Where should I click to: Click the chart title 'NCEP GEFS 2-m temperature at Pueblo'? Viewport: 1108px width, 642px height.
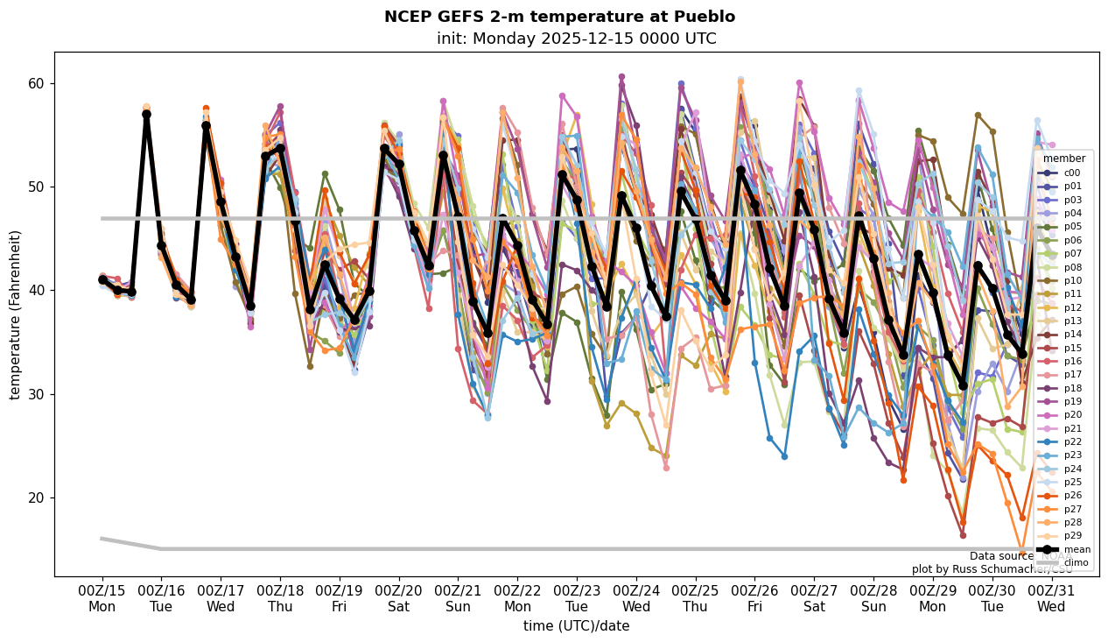click(x=559, y=17)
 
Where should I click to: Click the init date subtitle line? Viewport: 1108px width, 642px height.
click(x=576, y=39)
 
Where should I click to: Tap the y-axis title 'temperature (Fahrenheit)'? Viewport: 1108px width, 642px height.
click(x=15, y=314)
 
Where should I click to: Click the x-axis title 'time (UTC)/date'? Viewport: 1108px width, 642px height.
click(x=576, y=626)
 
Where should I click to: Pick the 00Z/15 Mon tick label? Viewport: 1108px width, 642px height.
click(x=102, y=598)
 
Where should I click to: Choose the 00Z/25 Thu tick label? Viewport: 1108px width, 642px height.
click(x=696, y=598)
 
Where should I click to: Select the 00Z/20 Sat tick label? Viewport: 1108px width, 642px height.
click(x=399, y=598)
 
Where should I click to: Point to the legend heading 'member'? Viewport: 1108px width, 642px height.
click(x=1064, y=159)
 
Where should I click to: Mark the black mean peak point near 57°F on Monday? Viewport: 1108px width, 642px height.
click(x=146, y=115)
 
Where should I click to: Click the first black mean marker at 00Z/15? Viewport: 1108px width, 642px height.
click(x=102, y=279)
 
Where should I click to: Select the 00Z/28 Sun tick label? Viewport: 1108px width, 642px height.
click(x=873, y=598)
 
